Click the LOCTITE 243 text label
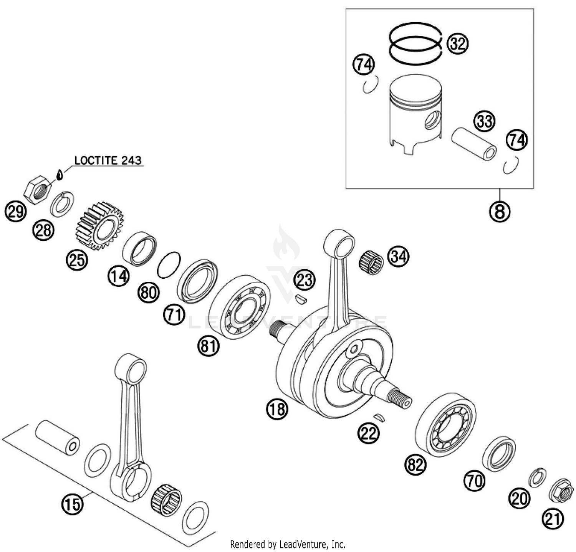(x=108, y=160)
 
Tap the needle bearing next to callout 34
(x=371, y=262)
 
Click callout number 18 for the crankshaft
(x=276, y=409)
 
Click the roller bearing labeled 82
(x=445, y=425)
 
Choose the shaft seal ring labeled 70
(x=499, y=453)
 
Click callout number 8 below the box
(x=500, y=211)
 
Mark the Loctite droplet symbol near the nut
(x=59, y=175)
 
